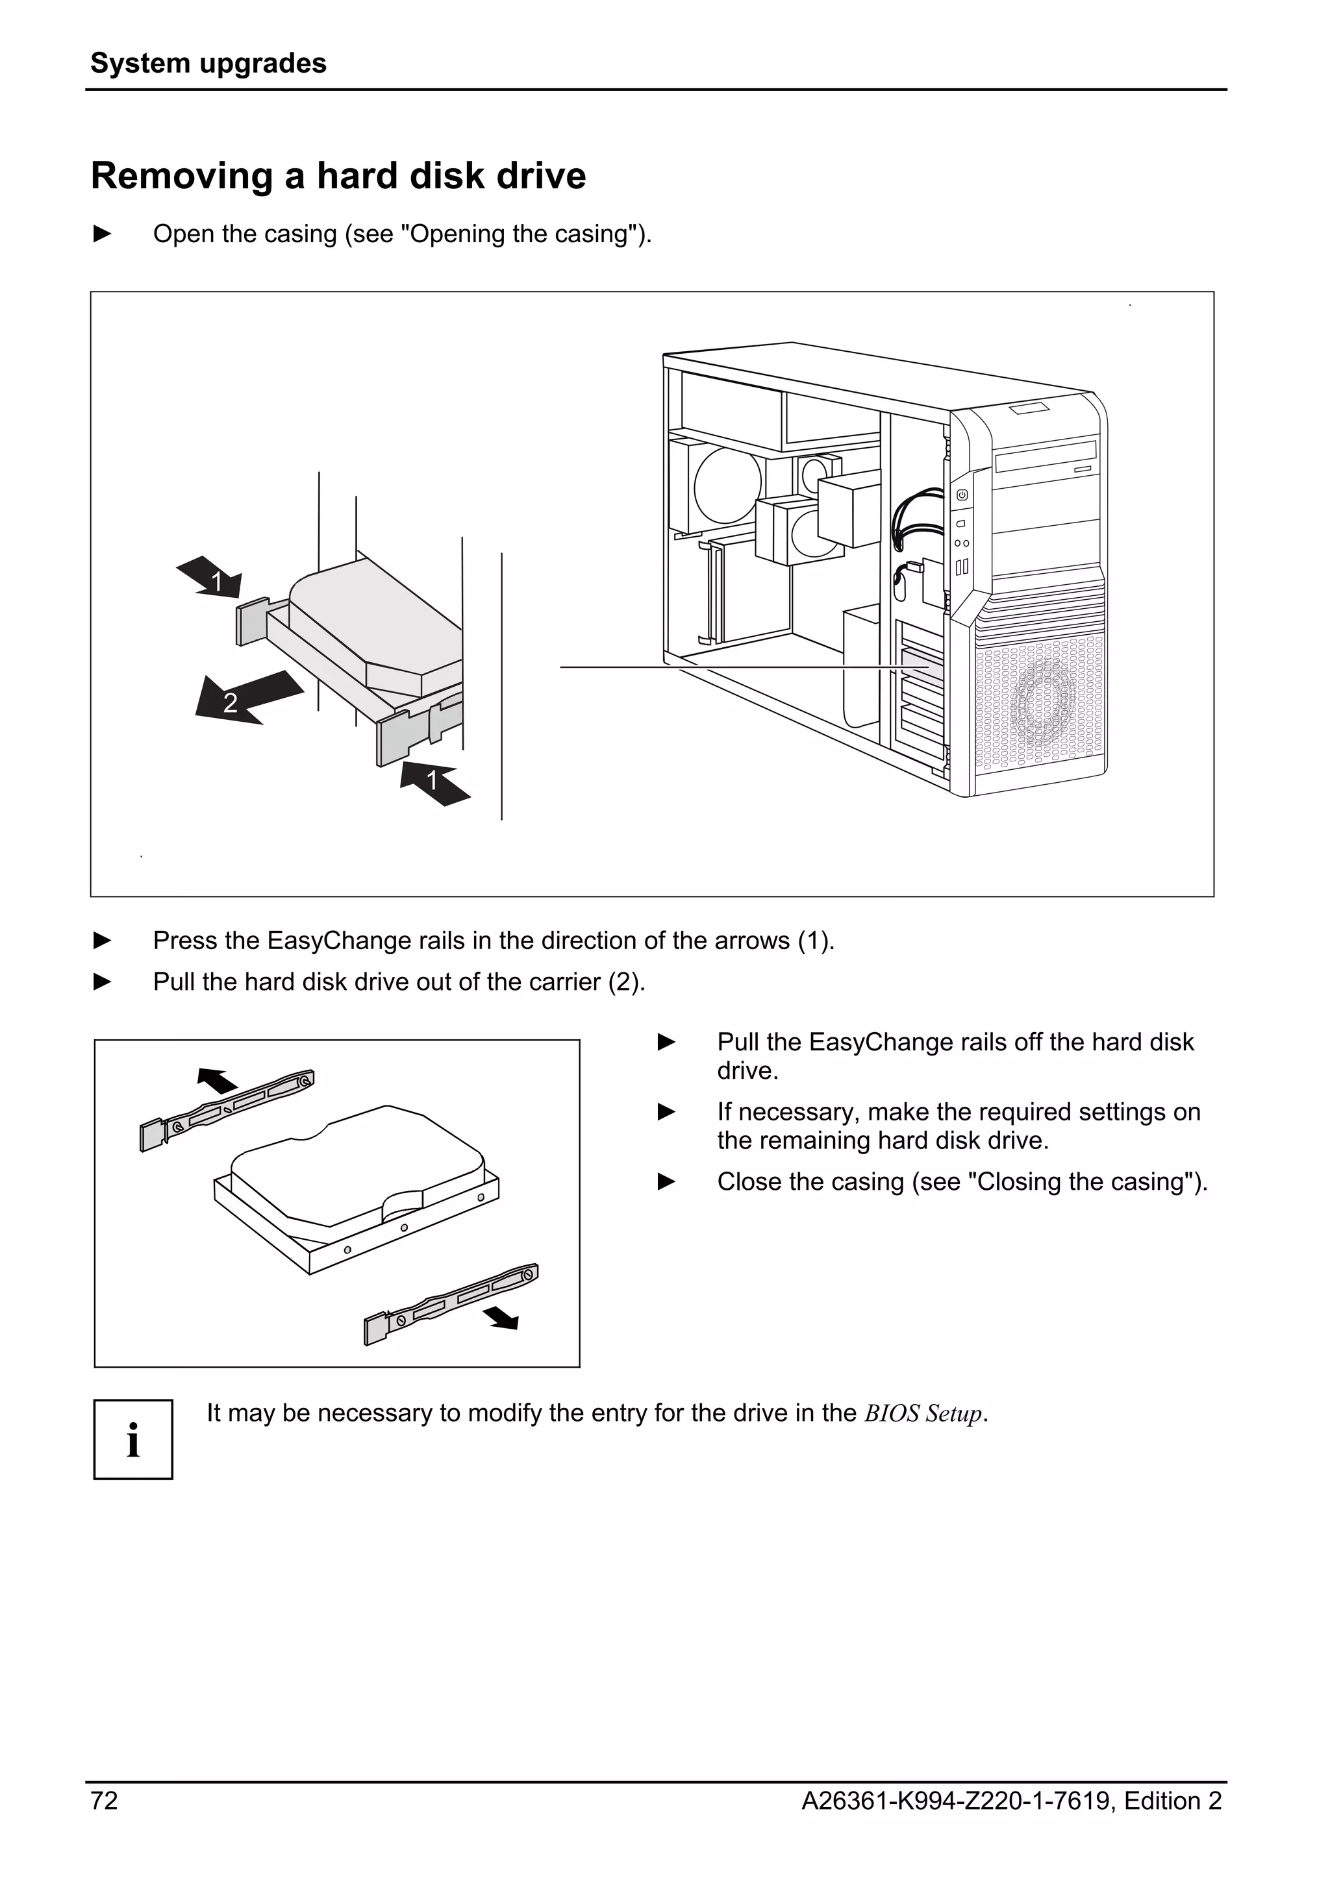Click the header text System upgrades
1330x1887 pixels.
click(x=208, y=63)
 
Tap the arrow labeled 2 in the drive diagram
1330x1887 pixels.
click(x=245, y=697)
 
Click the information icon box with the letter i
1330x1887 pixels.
click(x=133, y=1439)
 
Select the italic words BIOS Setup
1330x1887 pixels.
click(x=923, y=1414)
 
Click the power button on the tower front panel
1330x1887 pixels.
click(x=962, y=495)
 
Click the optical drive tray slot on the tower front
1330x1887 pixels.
click(x=1046, y=456)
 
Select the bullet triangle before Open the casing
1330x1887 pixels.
click(x=103, y=234)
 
